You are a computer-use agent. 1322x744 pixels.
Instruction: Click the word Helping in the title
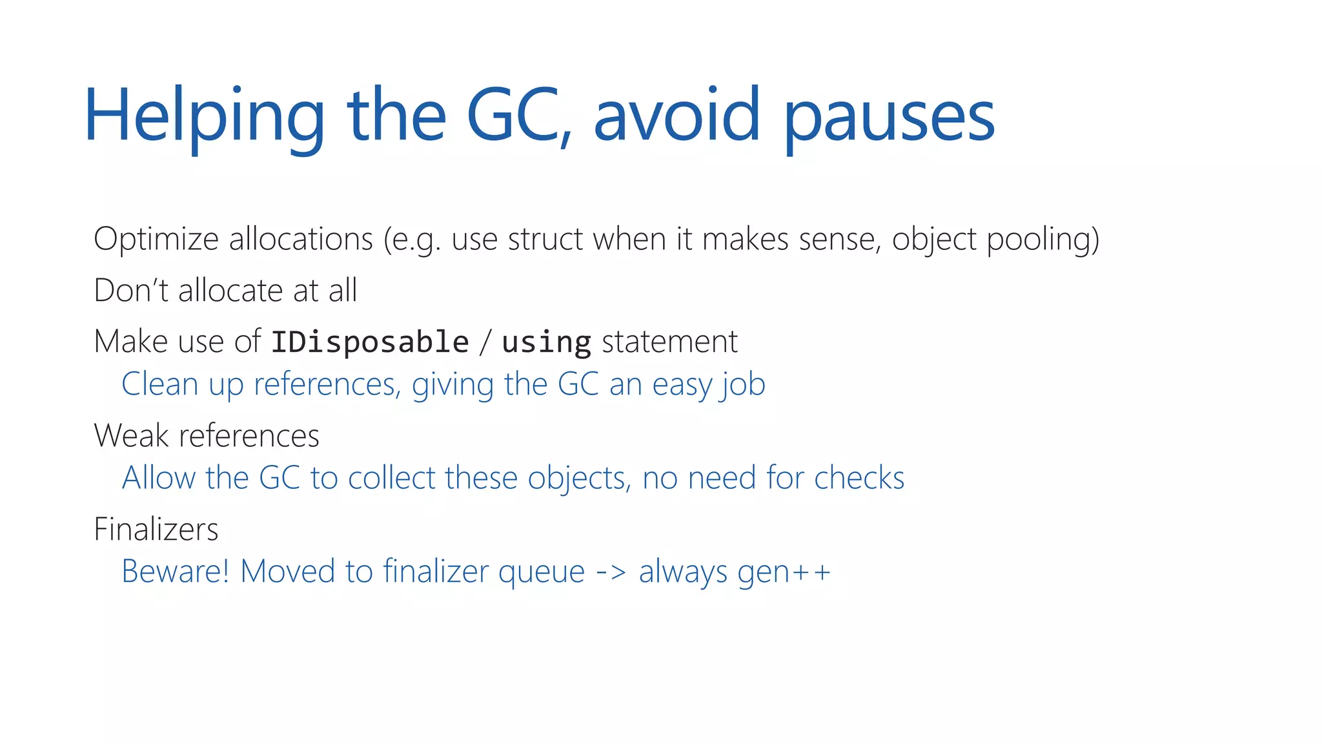tap(204, 116)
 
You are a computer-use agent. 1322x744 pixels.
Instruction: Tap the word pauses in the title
tap(890, 116)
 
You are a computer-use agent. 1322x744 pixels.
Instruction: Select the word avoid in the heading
tap(676, 116)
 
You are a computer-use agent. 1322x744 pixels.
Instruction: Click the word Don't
tap(131, 291)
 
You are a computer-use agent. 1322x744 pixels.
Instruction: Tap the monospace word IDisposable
tap(370, 342)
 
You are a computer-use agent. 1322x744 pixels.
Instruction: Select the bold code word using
tap(546, 343)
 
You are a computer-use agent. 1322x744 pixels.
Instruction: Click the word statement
tap(669, 342)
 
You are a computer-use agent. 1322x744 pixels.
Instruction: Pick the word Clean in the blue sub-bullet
tap(159, 384)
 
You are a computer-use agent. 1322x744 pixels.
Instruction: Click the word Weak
tap(131, 436)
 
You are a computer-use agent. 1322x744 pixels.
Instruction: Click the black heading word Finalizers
tap(156, 530)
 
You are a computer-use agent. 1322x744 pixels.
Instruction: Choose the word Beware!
tap(176, 572)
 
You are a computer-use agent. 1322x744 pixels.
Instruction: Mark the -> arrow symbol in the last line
tap(611, 572)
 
